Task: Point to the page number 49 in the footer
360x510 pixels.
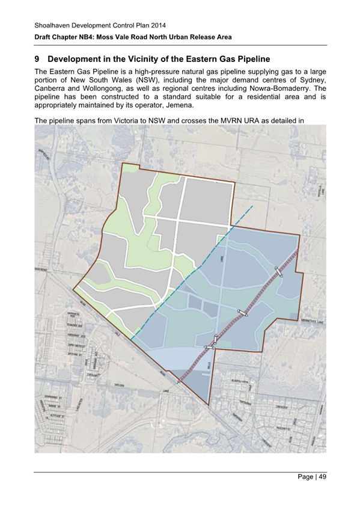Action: point(323,477)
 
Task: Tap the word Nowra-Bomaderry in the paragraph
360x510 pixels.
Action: point(279,88)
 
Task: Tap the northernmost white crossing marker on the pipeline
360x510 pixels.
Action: point(278,271)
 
